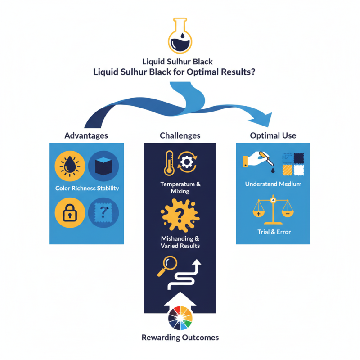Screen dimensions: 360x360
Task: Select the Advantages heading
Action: pos(86,135)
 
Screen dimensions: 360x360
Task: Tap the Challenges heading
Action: pos(180,135)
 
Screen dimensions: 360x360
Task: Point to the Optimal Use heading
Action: pos(273,135)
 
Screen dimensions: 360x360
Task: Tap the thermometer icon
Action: pos(168,163)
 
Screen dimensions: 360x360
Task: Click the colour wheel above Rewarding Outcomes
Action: pos(180,318)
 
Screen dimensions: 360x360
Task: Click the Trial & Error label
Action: pos(273,232)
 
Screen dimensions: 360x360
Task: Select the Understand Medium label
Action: pos(273,184)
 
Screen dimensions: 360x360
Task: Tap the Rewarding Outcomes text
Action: pos(180,337)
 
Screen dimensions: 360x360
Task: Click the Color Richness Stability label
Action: pos(87,188)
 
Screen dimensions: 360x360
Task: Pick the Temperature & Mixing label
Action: pos(180,188)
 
